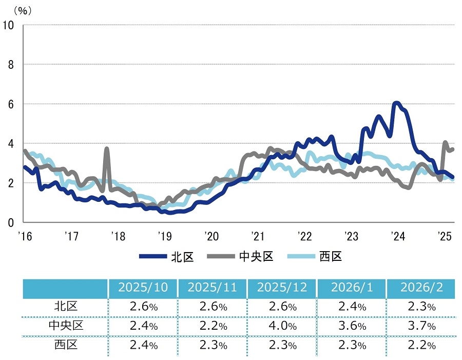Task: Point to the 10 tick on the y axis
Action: click(x=9, y=25)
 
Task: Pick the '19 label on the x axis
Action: click(x=164, y=236)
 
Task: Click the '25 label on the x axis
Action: click(x=445, y=236)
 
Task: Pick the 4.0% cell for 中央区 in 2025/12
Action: click(x=282, y=326)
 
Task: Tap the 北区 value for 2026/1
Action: click(x=352, y=307)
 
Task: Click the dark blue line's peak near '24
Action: click(x=396, y=103)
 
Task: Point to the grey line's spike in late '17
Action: click(x=107, y=149)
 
